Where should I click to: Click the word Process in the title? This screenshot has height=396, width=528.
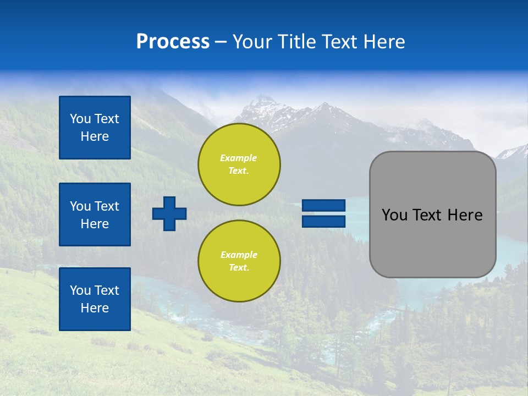click(x=173, y=42)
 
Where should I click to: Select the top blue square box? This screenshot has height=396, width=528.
click(x=95, y=128)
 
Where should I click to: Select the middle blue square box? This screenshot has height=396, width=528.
click(x=95, y=215)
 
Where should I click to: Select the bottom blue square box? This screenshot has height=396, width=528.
click(x=95, y=299)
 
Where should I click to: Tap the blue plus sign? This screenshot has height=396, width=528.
click(x=169, y=213)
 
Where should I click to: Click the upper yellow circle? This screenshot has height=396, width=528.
click(x=239, y=164)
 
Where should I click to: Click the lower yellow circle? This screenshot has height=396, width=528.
click(x=239, y=261)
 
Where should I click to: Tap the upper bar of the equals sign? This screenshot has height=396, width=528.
click(x=323, y=205)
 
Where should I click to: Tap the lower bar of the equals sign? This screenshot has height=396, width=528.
click(x=323, y=221)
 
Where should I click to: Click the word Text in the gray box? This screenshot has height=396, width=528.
click(x=428, y=215)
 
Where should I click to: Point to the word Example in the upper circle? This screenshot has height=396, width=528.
click(x=239, y=158)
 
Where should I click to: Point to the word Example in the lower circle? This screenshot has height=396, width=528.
click(x=239, y=255)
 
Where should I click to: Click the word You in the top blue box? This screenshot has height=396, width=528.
click(x=80, y=119)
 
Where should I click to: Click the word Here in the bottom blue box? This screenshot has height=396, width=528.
click(x=95, y=308)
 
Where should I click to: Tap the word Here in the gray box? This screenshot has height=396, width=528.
click(x=465, y=215)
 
